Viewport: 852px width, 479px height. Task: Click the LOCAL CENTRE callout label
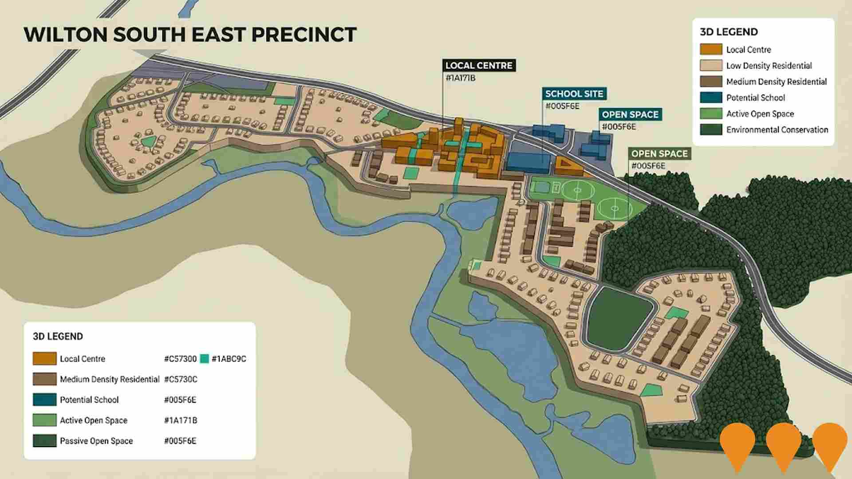(479, 66)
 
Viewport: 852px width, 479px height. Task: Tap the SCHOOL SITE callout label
(574, 94)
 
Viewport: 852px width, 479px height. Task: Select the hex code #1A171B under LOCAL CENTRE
(460, 79)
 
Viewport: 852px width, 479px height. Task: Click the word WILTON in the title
(66, 35)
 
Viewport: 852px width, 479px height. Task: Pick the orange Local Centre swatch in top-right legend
(710, 49)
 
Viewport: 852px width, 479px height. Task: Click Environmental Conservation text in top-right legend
(777, 130)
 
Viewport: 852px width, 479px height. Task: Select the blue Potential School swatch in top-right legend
(710, 98)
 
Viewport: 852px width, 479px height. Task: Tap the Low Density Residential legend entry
(769, 66)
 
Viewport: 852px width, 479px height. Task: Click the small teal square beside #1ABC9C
(204, 359)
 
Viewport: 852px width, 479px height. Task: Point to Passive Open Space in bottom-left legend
(96, 441)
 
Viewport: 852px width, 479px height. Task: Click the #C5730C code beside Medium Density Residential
(181, 379)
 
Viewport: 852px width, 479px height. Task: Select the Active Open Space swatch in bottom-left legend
(45, 420)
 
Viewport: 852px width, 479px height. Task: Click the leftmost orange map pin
(737, 444)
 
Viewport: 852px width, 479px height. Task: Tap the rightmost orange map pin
(829, 444)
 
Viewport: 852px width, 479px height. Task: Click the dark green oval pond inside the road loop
(620, 318)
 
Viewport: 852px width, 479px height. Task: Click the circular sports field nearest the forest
(614, 208)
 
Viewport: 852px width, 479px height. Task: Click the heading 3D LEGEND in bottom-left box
(58, 336)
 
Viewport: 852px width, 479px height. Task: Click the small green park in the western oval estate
(148, 142)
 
